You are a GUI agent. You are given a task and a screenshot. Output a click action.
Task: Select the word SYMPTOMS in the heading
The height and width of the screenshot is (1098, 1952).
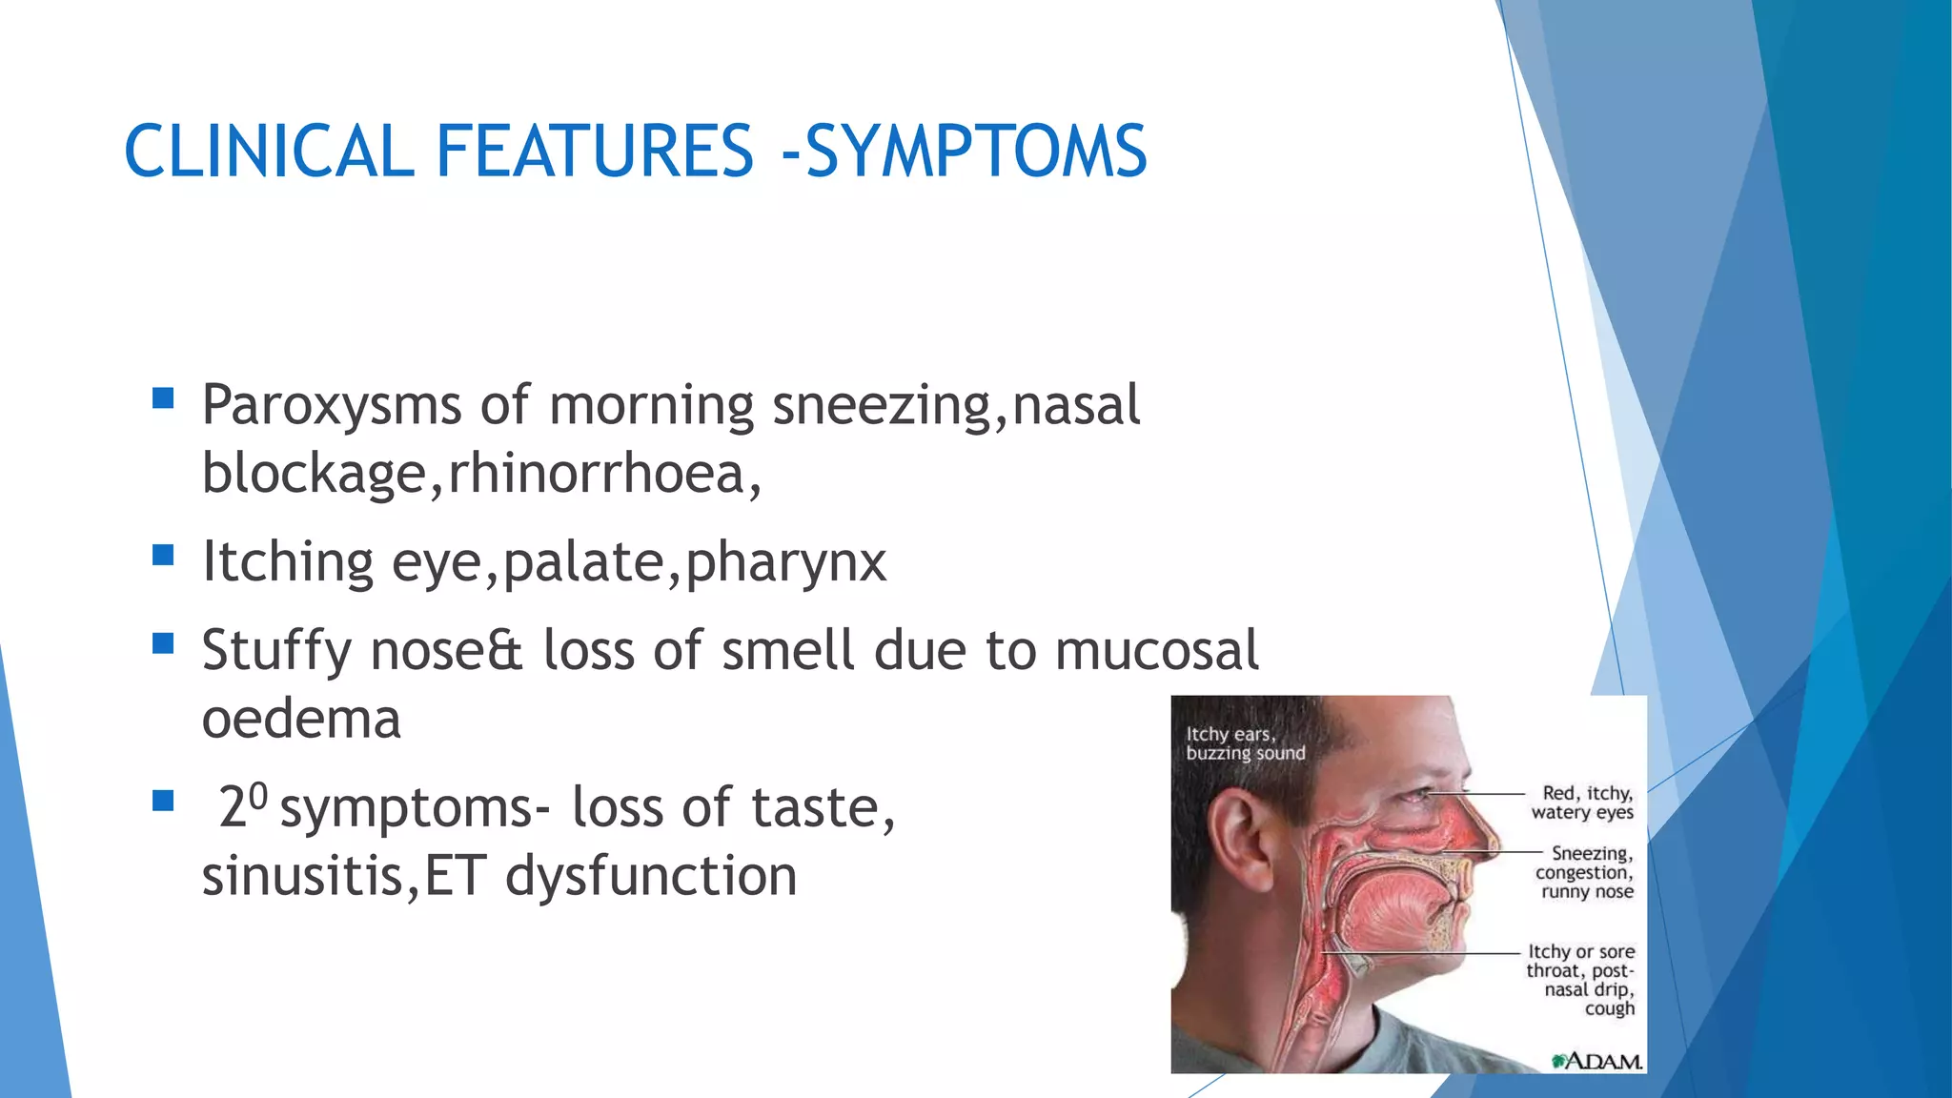click(x=976, y=152)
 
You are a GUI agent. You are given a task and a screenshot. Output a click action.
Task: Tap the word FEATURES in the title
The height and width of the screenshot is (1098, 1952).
click(x=595, y=152)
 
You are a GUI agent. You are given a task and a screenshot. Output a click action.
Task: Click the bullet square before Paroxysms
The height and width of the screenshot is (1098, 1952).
click(x=163, y=397)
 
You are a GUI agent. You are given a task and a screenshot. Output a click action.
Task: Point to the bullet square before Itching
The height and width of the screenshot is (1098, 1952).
click(x=163, y=555)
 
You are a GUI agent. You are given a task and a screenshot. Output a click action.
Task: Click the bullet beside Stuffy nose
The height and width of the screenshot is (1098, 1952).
click(x=163, y=643)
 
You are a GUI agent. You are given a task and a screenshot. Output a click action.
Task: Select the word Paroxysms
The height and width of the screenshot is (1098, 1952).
click(x=331, y=406)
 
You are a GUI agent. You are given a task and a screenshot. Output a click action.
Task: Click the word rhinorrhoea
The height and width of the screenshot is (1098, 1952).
click(x=596, y=474)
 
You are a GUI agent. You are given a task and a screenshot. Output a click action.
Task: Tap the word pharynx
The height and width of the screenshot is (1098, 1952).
click(x=785, y=562)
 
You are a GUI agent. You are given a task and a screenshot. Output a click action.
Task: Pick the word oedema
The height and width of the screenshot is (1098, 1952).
click(x=301, y=719)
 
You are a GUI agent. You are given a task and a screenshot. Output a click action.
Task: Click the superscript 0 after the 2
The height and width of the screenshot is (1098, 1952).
click(x=257, y=794)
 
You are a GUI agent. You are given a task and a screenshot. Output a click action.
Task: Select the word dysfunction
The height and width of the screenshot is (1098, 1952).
click(x=651, y=876)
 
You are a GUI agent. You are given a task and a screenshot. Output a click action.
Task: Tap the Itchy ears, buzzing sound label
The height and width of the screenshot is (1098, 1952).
click(x=1244, y=743)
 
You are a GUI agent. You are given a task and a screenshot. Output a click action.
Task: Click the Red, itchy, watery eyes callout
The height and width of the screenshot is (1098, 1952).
click(x=1582, y=803)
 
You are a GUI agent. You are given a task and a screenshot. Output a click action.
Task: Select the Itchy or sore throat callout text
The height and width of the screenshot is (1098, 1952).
click(x=1580, y=979)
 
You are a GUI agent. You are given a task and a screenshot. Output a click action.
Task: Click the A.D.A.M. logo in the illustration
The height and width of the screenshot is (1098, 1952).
click(x=1596, y=1060)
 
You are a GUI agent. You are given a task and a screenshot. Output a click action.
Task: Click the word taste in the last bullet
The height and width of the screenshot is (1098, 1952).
click(x=815, y=808)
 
